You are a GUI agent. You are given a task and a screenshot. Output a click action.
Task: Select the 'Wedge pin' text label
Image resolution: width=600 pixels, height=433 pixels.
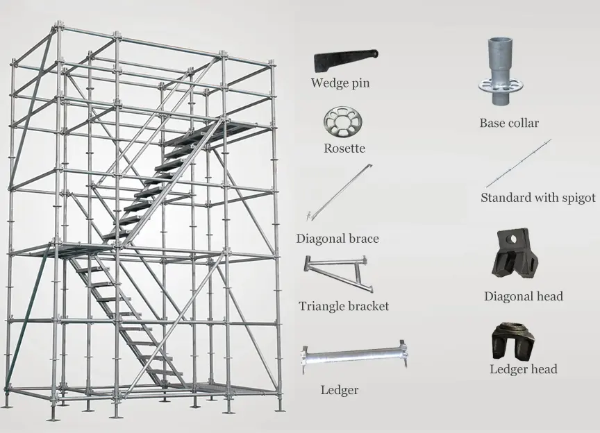click(340, 83)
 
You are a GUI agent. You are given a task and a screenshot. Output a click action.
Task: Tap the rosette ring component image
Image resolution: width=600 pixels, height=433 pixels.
click(344, 124)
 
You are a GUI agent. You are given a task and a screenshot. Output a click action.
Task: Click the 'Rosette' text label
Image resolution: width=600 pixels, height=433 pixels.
click(344, 148)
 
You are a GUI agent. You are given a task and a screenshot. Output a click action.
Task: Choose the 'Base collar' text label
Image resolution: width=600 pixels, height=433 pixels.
click(509, 124)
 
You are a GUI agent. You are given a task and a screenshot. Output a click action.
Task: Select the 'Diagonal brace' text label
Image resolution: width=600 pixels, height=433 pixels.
click(337, 239)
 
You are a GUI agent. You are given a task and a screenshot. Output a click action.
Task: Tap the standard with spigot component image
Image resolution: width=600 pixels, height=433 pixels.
click(518, 163)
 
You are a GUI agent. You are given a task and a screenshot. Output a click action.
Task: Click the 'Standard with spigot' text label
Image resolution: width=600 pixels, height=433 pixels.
click(538, 198)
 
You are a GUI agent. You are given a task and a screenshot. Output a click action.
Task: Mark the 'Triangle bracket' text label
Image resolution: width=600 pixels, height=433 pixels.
click(344, 306)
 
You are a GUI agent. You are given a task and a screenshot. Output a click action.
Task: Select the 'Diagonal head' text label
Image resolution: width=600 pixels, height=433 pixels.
click(524, 296)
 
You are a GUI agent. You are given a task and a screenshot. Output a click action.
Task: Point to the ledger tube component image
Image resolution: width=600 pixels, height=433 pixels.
click(353, 358)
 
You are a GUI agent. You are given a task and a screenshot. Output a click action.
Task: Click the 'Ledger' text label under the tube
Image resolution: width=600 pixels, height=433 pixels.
click(340, 390)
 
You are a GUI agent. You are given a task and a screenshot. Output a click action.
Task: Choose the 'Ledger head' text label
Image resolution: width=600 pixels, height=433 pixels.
click(524, 369)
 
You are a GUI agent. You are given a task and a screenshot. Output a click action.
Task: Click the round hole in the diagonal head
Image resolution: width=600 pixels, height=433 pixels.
click(512, 240)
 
